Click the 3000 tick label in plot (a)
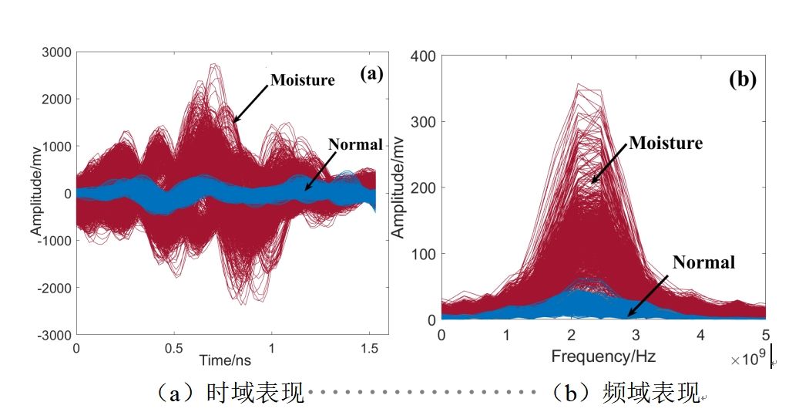coord(57,52)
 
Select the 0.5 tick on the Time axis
coord(174,349)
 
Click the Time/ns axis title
coord(226,360)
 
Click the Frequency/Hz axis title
coord(603,356)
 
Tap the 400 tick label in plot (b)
coord(425,56)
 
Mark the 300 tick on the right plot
coord(425,122)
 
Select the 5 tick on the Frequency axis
coord(766,336)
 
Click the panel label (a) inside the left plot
coord(371,74)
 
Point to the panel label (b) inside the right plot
coord(743,79)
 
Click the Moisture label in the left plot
coord(302,79)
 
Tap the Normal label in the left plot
coord(355,144)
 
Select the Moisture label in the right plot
coord(666,143)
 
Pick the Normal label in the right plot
coord(703,262)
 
